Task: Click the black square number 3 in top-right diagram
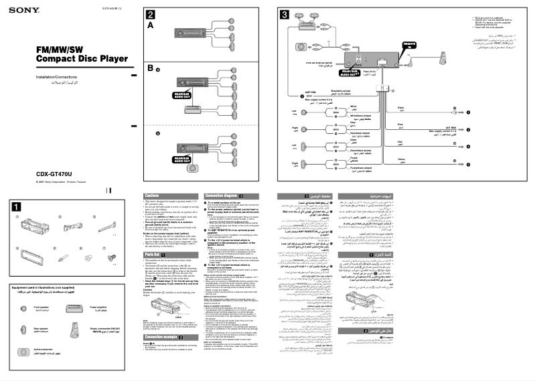[284, 15]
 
